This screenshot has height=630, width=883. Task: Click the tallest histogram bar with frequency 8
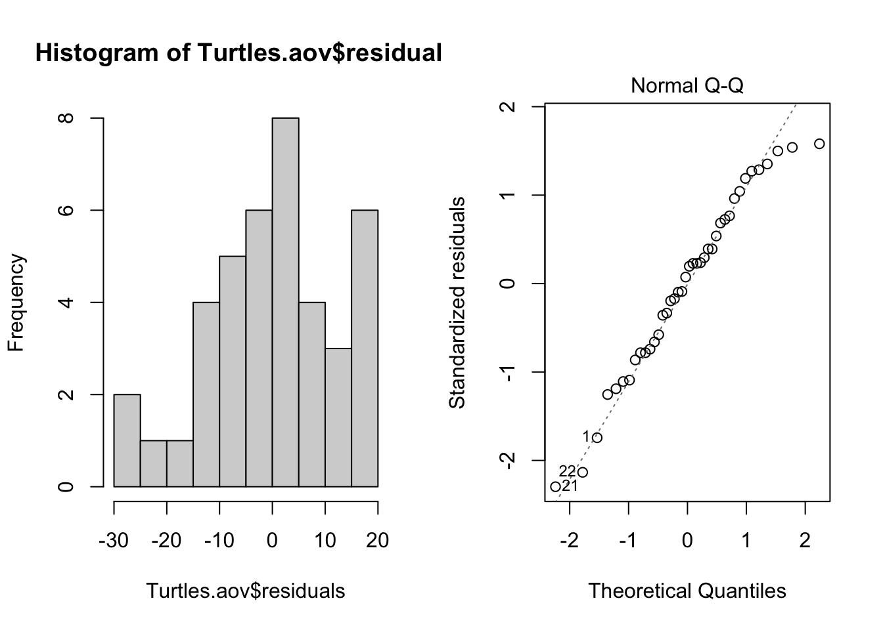[x=285, y=302]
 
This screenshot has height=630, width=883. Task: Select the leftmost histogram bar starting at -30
[x=127, y=440]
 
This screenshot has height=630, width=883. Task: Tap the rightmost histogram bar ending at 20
[x=365, y=348]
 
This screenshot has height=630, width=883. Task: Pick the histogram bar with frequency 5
[x=233, y=371]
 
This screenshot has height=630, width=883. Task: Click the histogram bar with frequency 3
[x=338, y=417]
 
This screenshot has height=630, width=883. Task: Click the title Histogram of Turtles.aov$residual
[x=238, y=53]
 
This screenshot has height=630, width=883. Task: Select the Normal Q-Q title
[x=687, y=85]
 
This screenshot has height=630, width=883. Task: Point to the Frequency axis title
[x=16, y=303]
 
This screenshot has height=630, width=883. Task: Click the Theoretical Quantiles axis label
[x=687, y=591]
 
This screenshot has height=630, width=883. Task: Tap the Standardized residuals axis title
[x=457, y=303]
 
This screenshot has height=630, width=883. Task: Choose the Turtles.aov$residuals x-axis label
[x=245, y=591]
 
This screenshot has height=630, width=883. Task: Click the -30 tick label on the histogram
[x=114, y=540]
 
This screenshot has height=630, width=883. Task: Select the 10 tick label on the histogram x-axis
[x=325, y=540]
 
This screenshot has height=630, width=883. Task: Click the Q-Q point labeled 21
[x=555, y=486]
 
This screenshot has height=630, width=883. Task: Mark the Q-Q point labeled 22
[x=582, y=472]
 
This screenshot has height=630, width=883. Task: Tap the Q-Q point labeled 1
[x=597, y=438]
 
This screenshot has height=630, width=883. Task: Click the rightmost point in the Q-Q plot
[x=819, y=144]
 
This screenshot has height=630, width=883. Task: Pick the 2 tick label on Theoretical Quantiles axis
[x=805, y=540]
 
